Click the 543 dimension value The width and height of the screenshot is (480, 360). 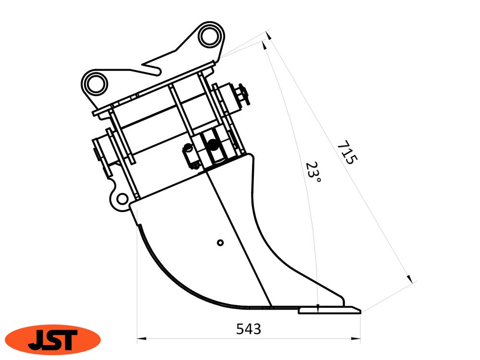click(249, 329)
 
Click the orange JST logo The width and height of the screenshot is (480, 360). click(52, 339)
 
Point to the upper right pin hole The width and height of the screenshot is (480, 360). click(211, 36)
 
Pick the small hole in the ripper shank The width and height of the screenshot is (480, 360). click(220, 242)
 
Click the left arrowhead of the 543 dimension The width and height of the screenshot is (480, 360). click(141, 339)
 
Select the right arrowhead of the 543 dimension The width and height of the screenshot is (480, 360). click(358, 339)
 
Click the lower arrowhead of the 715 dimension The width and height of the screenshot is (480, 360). click(409, 278)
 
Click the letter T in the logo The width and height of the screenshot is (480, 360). click(67, 339)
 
